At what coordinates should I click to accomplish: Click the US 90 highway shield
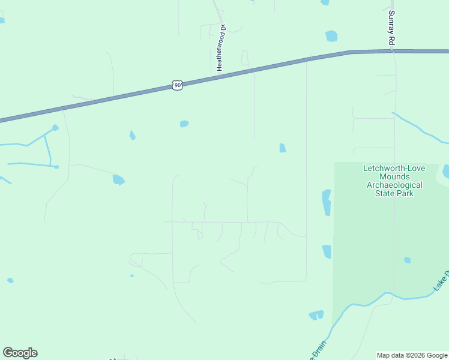click(x=177, y=86)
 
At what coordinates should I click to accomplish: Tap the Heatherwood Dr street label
click(x=221, y=48)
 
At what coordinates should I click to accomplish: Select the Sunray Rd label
click(x=391, y=28)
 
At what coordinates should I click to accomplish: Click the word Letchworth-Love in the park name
click(x=394, y=168)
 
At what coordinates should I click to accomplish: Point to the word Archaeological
click(x=394, y=185)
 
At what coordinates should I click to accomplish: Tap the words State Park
click(x=394, y=193)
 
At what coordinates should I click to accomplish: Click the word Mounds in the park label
click(x=394, y=176)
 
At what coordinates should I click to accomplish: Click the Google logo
click(x=20, y=353)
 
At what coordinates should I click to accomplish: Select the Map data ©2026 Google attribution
click(x=412, y=355)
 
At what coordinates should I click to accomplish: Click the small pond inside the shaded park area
click(x=408, y=260)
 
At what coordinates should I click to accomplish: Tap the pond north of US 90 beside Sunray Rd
click(x=331, y=36)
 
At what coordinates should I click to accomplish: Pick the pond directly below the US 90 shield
click(x=184, y=124)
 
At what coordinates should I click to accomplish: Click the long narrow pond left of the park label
click(x=327, y=202)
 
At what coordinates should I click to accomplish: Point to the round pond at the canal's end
click(x=55, y=128)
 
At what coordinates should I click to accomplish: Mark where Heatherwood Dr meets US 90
click(x=217, y=76)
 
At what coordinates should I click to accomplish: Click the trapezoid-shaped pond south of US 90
click(x=282, y=148)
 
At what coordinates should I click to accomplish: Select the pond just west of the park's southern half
click(x=327, y=251)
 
